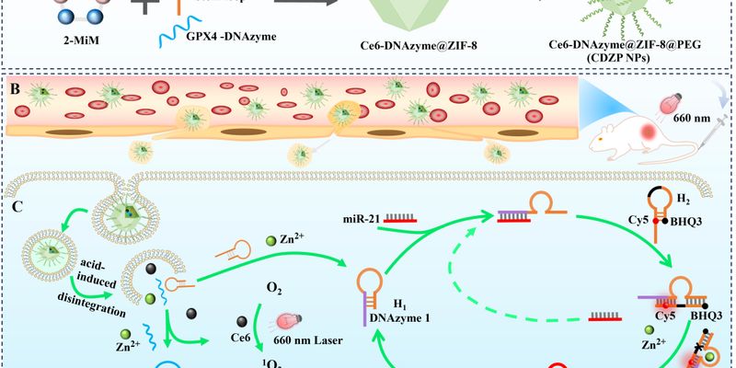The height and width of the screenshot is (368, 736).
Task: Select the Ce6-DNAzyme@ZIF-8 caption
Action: tap(424, 47)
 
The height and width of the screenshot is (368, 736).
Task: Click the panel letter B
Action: tap(15, 89)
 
